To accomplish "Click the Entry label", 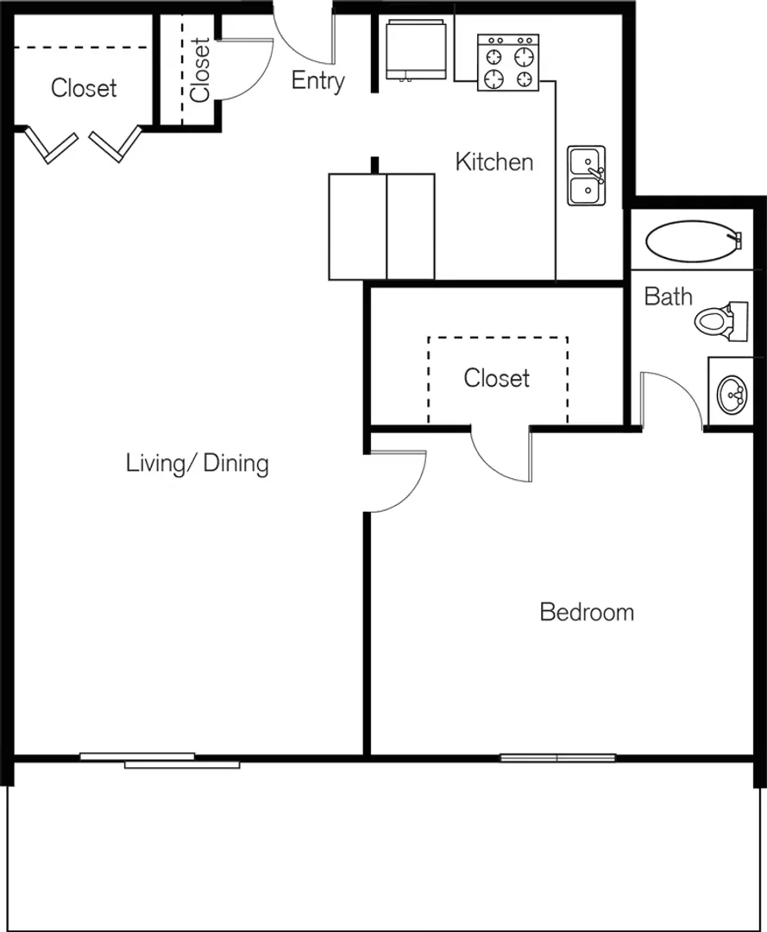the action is pos(317,81).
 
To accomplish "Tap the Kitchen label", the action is pos(494,161).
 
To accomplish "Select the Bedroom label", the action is pos(587,612).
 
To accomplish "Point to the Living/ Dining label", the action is pos(198,463).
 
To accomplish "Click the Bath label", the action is pos(669,296).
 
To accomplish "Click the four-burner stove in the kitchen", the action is pos(508,62).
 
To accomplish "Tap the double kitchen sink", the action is pos(587,175).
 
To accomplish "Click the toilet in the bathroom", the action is pos(721,321).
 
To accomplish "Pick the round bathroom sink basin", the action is pos(732,394).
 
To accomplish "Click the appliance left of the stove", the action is pos(416,49).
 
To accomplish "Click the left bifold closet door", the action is pos(52,145).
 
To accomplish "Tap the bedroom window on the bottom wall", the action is pos(558,758).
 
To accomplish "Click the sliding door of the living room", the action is pos(160,760).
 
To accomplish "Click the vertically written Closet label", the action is pos(200,70).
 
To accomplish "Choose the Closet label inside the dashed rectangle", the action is pos(497,378).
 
